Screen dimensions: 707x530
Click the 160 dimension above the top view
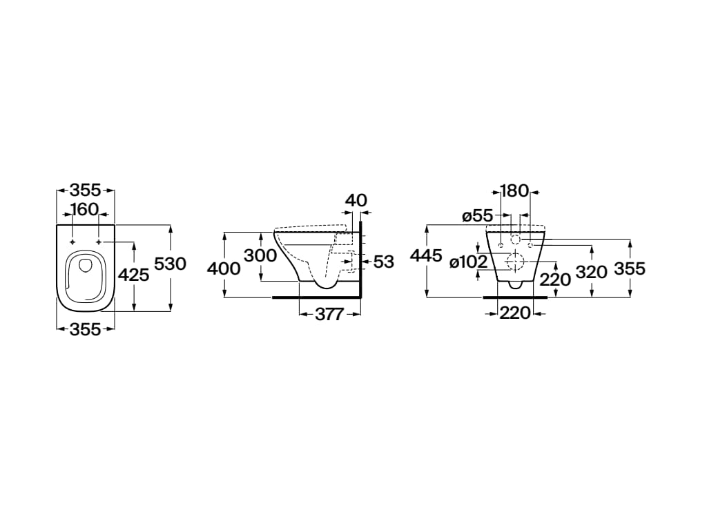coord(85,210)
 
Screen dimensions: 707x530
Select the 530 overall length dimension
coord(170,264)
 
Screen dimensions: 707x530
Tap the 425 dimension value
coord(133,275)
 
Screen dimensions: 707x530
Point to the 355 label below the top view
coord(85,329)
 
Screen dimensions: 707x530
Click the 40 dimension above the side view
coord(356,200)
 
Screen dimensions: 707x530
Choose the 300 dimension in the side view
coord(260,255)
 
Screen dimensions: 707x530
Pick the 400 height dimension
coord(224,268)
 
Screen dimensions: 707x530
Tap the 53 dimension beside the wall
coord(384,262)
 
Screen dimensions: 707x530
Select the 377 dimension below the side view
coord(329,314)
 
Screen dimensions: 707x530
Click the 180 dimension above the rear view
coord(514,191)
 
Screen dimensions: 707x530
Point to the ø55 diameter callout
coord(478,216)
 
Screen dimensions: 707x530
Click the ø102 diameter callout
coord(469,262)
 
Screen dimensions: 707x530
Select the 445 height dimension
coord(426,255)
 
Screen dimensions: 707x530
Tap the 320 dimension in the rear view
coord(592,272)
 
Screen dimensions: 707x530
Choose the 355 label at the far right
coord(630,268)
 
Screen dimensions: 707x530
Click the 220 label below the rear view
coord(515,313)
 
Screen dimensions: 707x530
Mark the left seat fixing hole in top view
coord(72,242)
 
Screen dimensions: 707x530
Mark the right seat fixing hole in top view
coord(99,242)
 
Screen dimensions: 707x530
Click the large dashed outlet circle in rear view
coord(515,261)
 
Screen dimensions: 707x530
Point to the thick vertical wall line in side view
coord(361,259)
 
